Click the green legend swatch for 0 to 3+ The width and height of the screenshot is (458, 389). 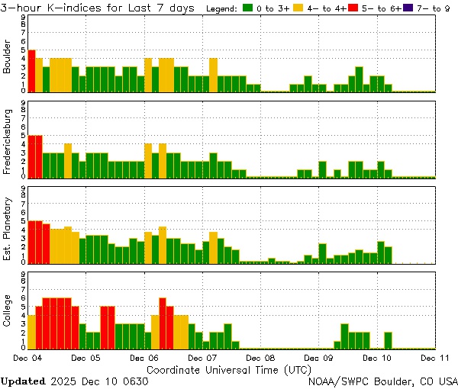248,8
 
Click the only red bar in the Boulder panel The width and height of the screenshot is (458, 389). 31,70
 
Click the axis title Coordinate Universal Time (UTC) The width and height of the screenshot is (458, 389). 229,369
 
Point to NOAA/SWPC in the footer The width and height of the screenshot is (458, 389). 336,381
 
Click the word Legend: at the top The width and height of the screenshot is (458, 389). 222,8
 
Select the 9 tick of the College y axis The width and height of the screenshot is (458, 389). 24,272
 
